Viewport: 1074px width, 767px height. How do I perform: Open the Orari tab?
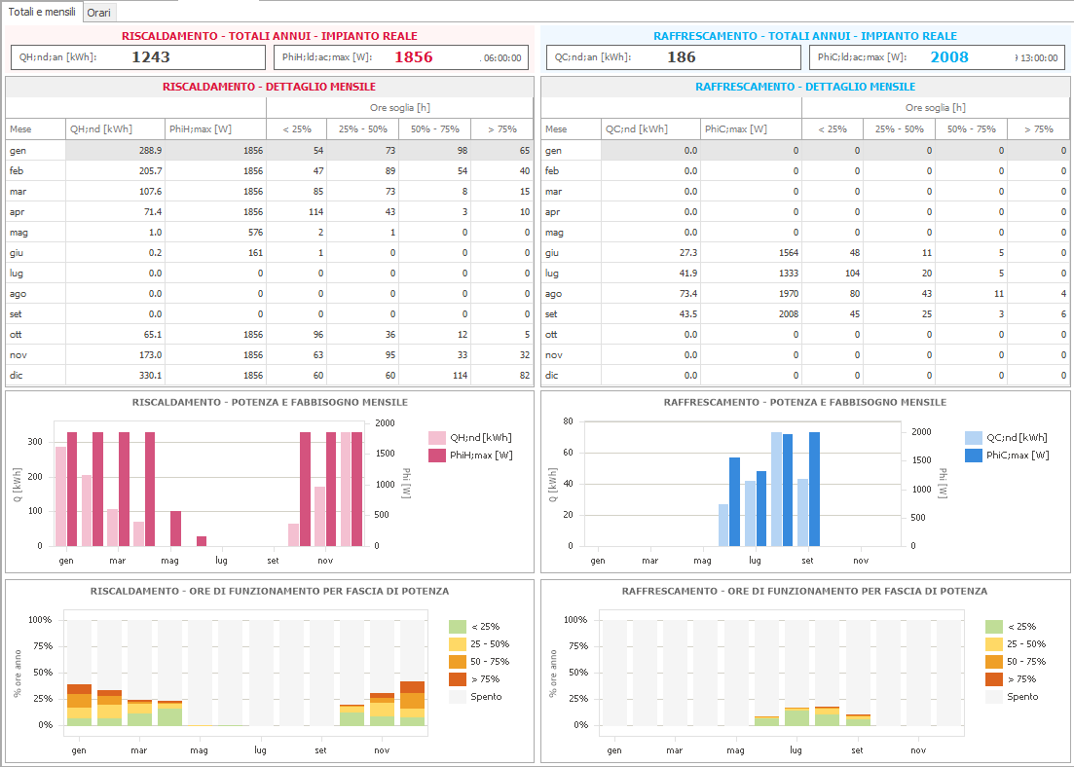coord(99,13)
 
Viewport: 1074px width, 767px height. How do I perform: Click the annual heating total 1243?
coord(151,57)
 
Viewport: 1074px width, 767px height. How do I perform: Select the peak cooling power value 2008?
coord(949,57)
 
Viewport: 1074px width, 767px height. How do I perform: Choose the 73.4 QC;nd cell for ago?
coord(686,294)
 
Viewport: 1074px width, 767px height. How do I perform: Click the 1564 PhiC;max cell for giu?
coord(789,253)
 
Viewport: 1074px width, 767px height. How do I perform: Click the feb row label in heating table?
coord(16,170)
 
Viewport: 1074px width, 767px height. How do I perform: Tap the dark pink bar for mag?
coord(175,529)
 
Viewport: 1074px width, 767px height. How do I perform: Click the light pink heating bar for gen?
coord(61,496)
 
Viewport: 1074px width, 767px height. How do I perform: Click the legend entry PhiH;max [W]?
coord(470,456)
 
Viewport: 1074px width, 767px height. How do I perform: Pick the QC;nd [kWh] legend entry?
coord(1006,438)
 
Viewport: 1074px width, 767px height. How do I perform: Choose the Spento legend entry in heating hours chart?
coord(475,697)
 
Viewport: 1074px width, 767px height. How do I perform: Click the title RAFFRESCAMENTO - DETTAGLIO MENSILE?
coord(805,87)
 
